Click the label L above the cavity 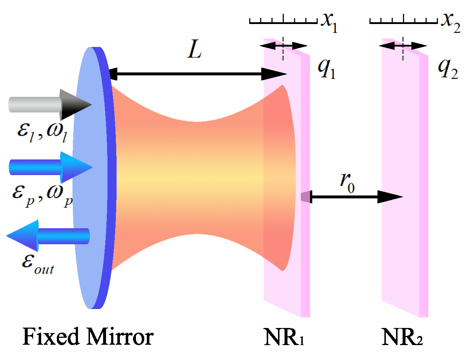coord(195,50)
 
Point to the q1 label coord(326,68)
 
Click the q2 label coord(448,68)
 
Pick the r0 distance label coord(346,182)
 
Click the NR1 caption coord(284,337)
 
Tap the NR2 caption coord(402,337)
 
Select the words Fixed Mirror coord(88,337)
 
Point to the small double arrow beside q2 coord(403,46)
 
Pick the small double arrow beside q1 coord(283,46)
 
